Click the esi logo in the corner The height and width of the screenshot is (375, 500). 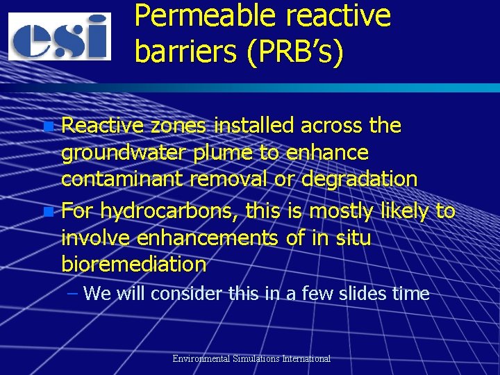click(60, 36)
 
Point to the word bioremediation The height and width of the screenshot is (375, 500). click(134, 265)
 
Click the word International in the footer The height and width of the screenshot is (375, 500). click(303, 359)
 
